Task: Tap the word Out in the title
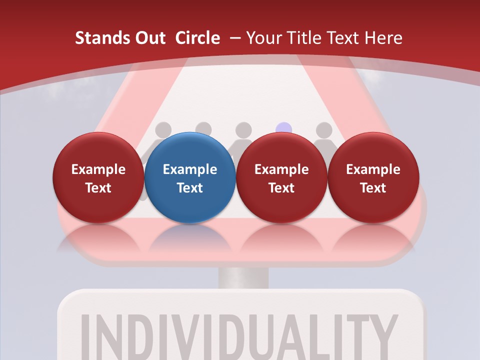click(148, 38)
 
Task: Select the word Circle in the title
click(197, 38)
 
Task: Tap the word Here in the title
click(383, 38)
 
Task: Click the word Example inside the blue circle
click(190, 169)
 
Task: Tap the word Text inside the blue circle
click(190, 188)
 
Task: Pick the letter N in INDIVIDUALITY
click(113, 335)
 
